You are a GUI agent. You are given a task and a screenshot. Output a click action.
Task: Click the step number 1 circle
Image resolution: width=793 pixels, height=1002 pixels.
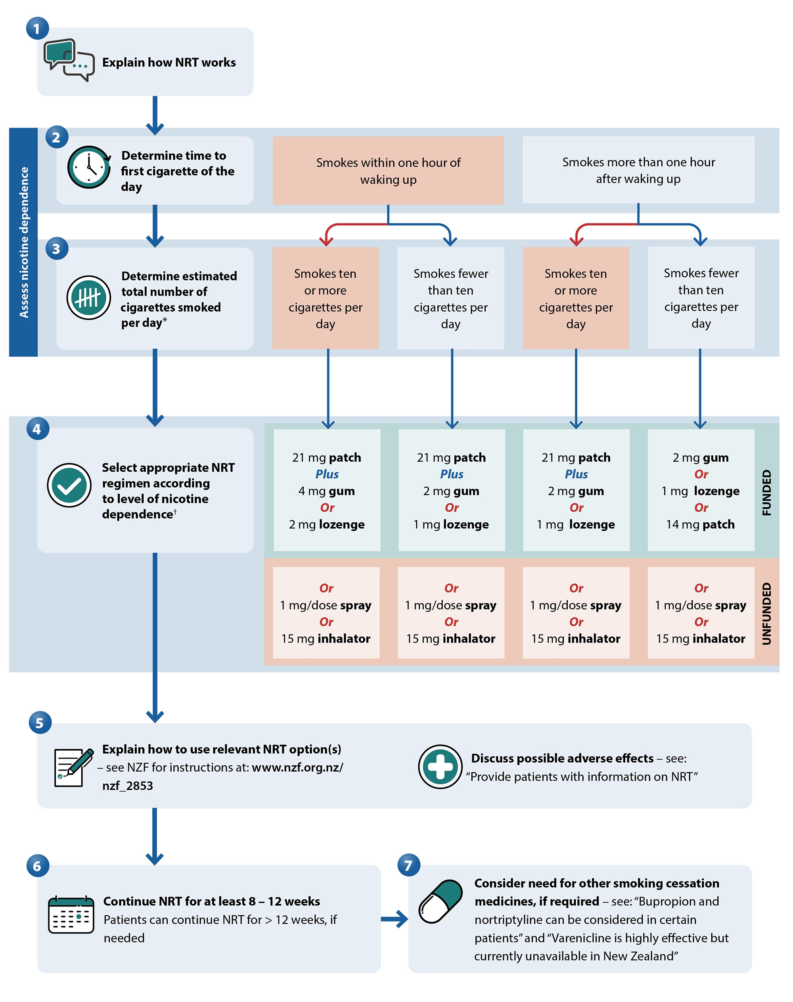coord(37,28)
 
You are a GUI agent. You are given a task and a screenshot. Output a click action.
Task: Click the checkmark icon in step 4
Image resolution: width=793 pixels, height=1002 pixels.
coord(69,485)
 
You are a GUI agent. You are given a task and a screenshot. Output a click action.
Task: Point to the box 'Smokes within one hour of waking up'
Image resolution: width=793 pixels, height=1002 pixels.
coord(388,170)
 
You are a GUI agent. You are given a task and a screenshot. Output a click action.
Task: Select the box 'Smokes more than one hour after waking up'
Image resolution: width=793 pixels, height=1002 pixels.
coord(638,170)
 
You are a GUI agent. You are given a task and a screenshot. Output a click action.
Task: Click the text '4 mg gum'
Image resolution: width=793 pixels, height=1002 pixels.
coord(326,491)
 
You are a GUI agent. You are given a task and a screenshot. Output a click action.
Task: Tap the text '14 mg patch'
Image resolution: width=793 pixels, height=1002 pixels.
coord(700,524)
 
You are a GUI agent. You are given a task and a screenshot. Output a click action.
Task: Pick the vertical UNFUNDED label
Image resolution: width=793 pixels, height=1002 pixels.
coord(766,613)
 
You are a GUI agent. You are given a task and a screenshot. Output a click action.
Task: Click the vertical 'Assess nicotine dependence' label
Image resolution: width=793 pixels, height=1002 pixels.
coord(24,242)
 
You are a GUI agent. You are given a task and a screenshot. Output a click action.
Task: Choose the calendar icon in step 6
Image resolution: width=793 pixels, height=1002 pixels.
coord(71,915)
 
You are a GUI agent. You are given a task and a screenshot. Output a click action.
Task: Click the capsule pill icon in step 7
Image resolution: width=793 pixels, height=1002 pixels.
coord(440,901)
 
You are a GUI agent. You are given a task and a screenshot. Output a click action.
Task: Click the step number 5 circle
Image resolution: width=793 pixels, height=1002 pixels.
coord(40,723)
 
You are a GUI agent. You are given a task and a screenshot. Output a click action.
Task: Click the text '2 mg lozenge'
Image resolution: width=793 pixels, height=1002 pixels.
coord(326,524)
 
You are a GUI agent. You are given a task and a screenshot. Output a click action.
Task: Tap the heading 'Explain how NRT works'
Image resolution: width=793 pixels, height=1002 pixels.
coord(169,62)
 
